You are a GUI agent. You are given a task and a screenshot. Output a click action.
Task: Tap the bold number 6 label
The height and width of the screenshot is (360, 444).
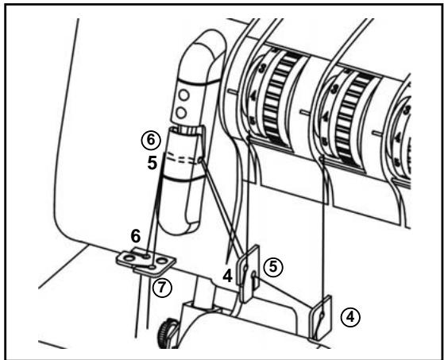tap(136, 236)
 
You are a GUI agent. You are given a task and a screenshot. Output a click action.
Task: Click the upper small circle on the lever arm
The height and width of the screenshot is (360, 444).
tap(182, 93)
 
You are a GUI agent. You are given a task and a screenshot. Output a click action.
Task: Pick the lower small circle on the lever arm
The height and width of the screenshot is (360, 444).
tap(182, 108)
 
